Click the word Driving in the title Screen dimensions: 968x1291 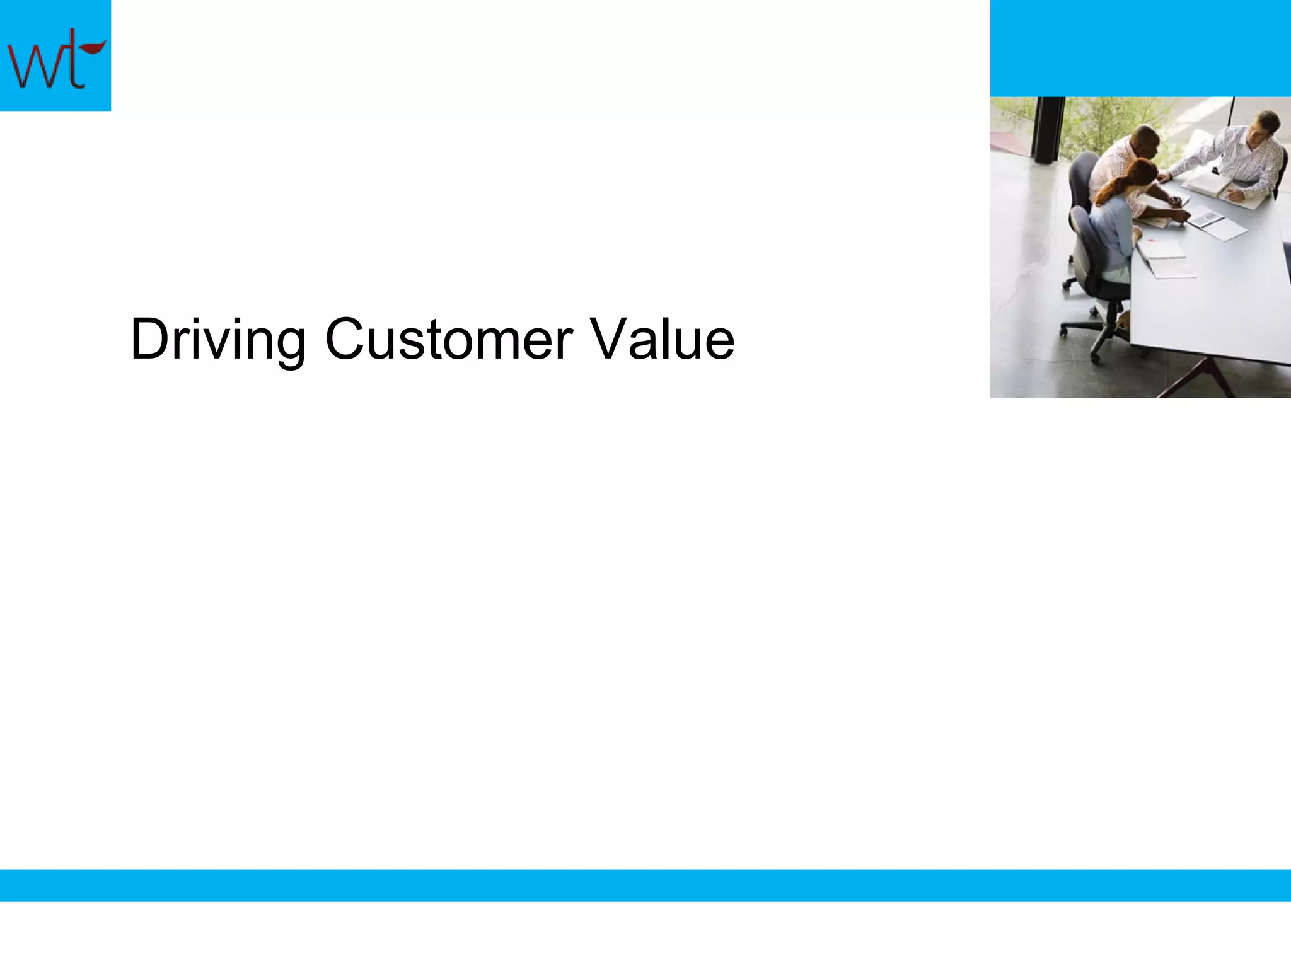point(217,340)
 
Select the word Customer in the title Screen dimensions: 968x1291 point(448,340)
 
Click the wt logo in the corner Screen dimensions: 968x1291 point(55,55)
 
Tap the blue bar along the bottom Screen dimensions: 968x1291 point(645,885)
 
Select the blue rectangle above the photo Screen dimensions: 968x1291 point(1140,48)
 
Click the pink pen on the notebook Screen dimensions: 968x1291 point(1151,240)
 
